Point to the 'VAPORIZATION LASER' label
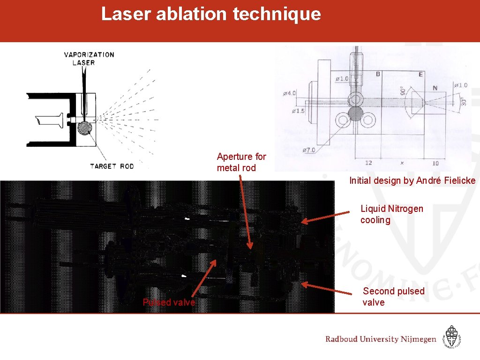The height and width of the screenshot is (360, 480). (89, 59)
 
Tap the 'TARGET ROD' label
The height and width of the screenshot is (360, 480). (112, 166)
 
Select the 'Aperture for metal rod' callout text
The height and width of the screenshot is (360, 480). (241, 162)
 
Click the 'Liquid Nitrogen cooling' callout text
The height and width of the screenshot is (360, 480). (391, 214)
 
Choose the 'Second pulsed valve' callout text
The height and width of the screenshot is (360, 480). (393, 297)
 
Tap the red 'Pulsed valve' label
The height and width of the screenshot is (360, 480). (169, 302)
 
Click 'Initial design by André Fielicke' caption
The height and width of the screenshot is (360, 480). (412, 180)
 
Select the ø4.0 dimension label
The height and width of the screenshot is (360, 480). (289, 93)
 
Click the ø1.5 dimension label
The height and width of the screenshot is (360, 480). (298, 111)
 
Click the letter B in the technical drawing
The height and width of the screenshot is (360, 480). (378, 74)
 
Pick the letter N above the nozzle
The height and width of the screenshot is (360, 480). (435, 88)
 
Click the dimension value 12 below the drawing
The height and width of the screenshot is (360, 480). (368, 163)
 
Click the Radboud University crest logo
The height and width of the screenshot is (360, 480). (452, 337)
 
